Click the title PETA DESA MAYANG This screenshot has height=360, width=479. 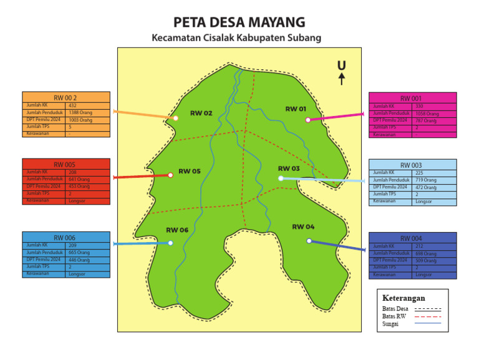click(239, 22)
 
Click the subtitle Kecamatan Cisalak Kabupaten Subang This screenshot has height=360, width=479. click(236, 38)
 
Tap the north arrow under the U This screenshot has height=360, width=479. click(341, 79)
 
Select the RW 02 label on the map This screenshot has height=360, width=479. click(201, 114)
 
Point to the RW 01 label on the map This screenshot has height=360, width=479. click(296, 109)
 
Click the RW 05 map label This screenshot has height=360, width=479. click(190, 171)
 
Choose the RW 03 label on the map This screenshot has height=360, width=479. click(289, 168)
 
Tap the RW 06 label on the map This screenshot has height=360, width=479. click(177, 230)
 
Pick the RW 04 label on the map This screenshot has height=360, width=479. click(303, 226)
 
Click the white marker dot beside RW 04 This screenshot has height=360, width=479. click(309, 241)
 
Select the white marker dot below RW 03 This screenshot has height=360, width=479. click(281, 178)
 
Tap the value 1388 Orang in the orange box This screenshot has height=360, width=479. click(80, 113)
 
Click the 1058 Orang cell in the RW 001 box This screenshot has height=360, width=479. click(427, 114)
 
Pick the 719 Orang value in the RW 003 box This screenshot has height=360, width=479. click(426, 180)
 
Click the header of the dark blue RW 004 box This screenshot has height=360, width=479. click(412, 238)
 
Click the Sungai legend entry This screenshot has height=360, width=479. click(391, 324)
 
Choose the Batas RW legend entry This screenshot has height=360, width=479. click(395, 316)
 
